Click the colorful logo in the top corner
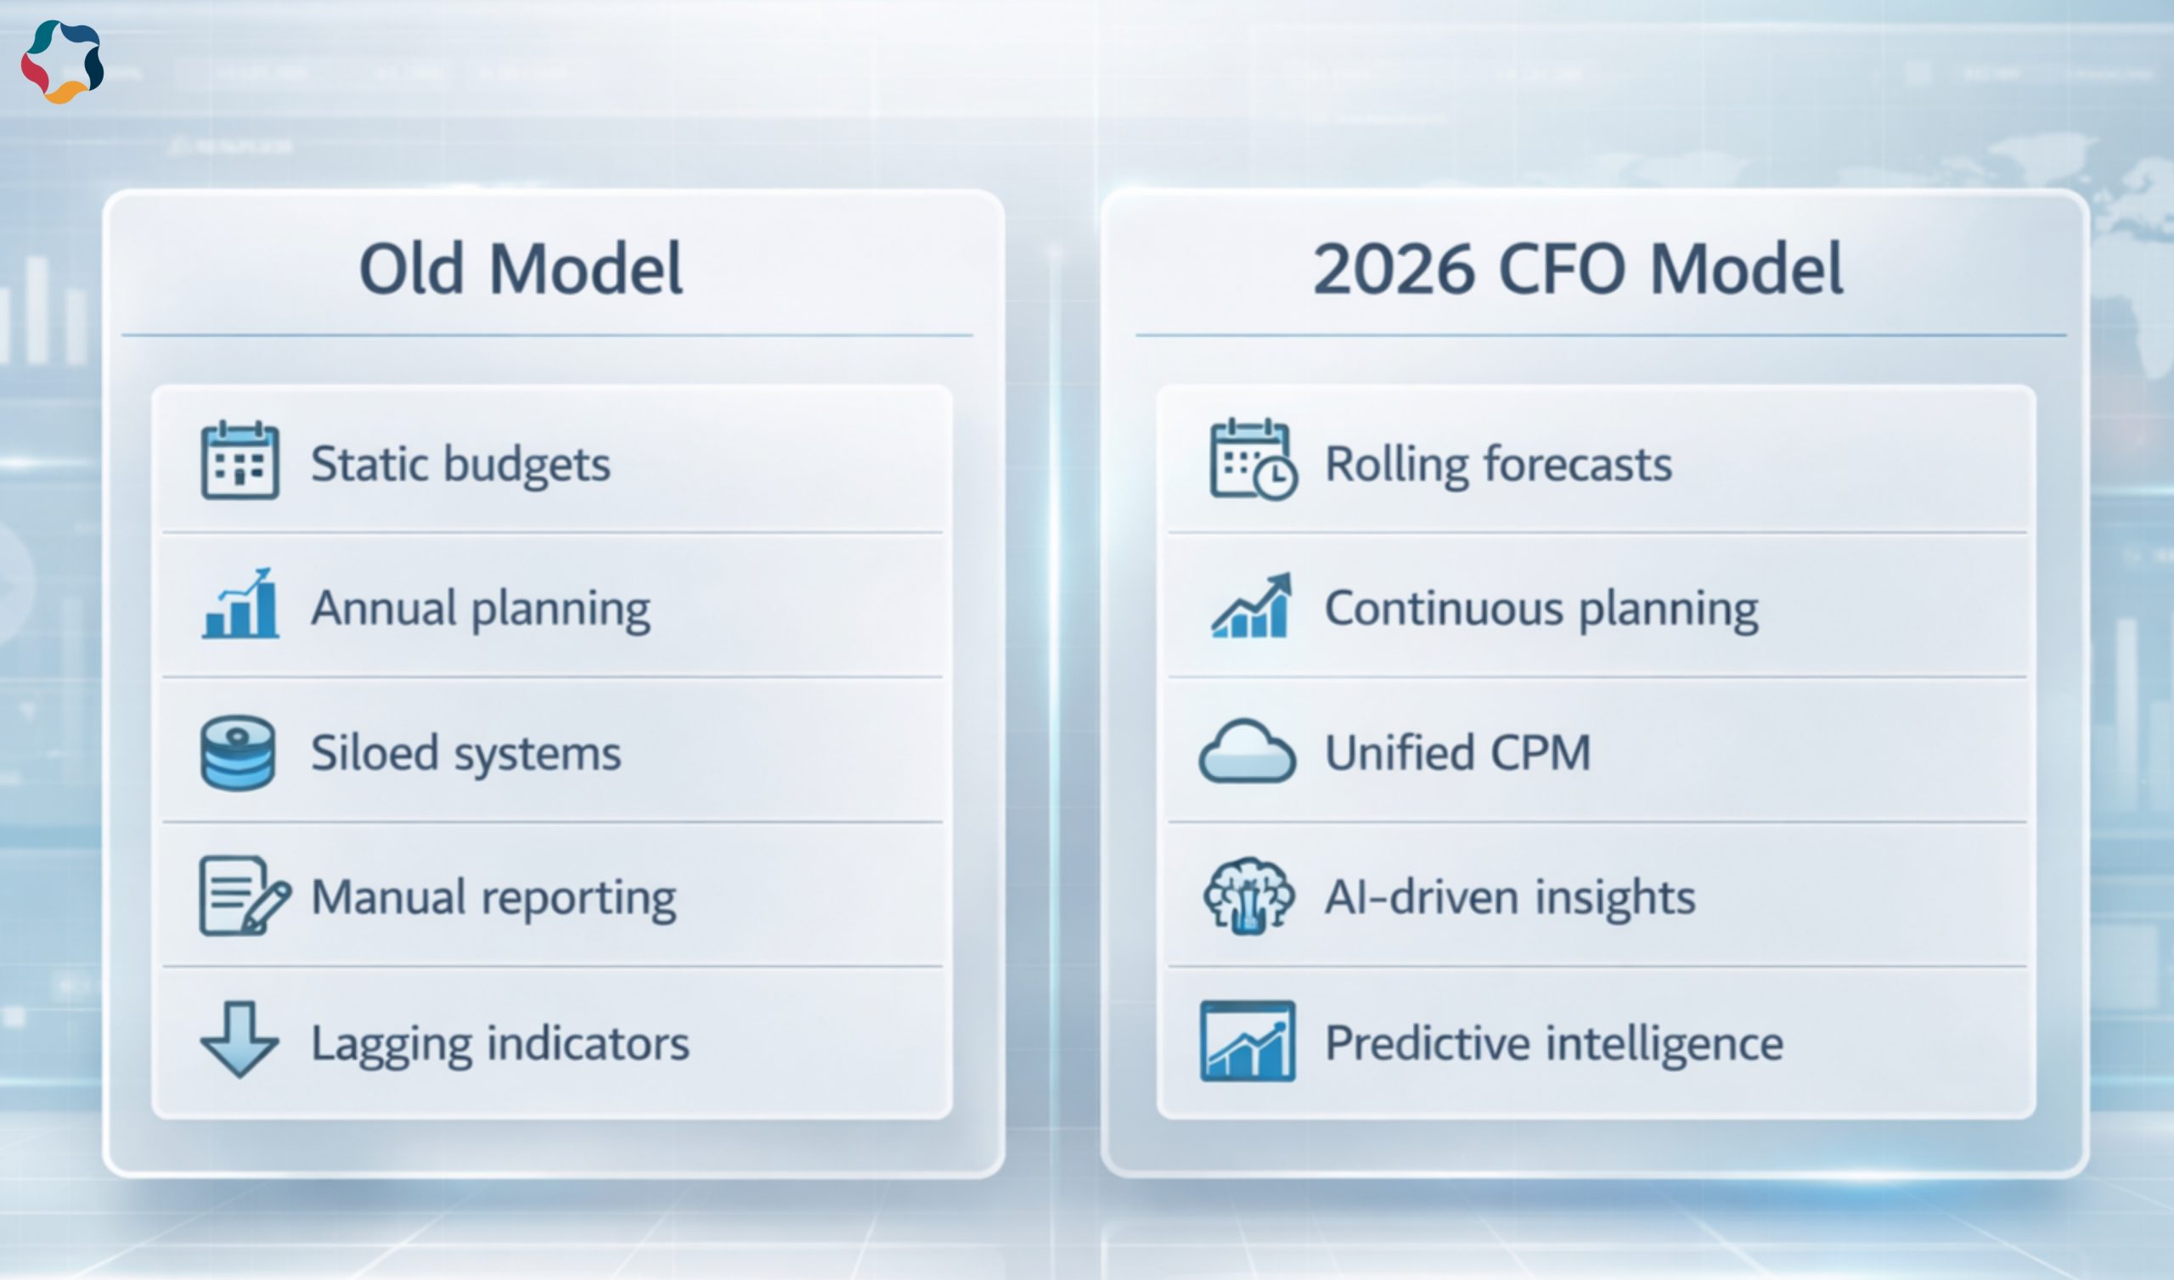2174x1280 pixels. pos(62,61)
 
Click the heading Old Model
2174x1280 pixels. pos(521,268)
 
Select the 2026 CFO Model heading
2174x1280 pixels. pos(1577,268)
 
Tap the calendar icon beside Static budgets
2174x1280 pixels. pos(239,460)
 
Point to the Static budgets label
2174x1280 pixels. pos(460,465)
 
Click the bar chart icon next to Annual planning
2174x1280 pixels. pos(240,603)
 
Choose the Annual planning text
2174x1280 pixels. pos(481,609)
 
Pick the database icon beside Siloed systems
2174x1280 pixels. pos(238,752)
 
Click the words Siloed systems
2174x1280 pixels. pos(466,754)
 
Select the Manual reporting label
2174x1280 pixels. pos(493,898)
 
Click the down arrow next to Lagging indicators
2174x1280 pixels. pos(239,1039)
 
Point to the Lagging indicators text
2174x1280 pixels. pos(500,1043)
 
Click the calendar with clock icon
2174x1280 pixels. pos(1253,460)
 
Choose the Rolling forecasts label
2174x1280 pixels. pos(1499,464)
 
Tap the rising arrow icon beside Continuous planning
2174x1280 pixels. pos(1252,604)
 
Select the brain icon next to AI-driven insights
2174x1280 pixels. pos(1248,895)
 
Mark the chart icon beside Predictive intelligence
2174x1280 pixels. pos(1248,1041)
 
